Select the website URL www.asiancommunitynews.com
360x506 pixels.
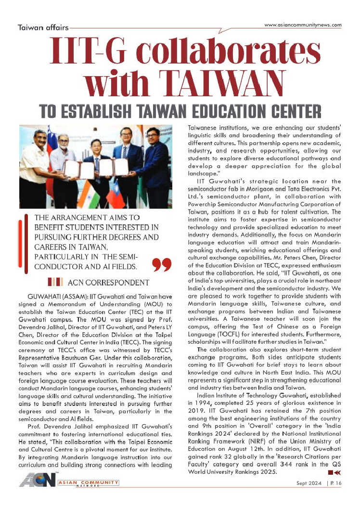point(303,25)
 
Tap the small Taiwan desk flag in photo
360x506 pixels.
point(115,198)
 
